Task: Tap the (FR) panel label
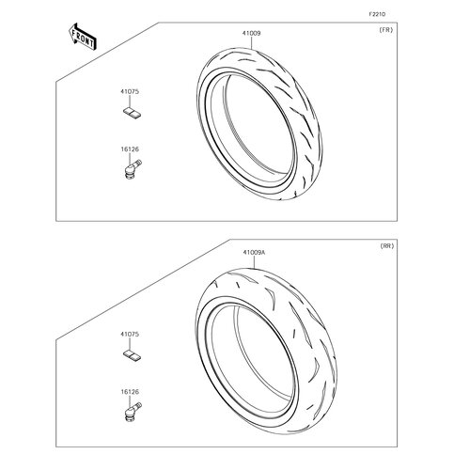tap(385, 30)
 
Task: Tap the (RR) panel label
tap(385, 245)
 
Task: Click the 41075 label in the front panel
tap(128, 92)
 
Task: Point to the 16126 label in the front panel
tap(128, 148)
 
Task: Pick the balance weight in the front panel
tap(130, 115)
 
